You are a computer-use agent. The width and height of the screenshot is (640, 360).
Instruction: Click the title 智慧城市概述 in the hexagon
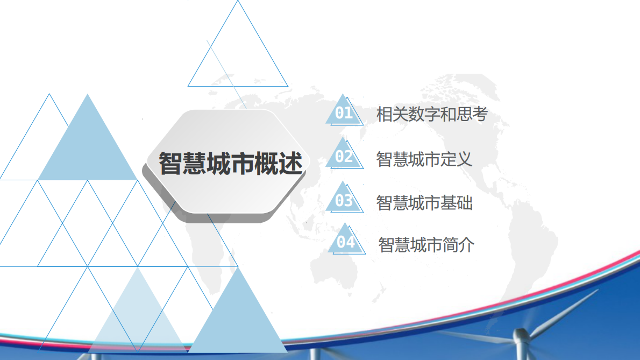pyautogui.click(x=230, y=163)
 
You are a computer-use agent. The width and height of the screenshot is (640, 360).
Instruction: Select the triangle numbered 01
pyautogui.click(x=344, y=113)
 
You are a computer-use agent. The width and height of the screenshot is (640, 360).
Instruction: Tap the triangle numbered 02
pyautogui.click(x=344, y=157)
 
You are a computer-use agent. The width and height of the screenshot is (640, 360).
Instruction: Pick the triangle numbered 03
pyautogui.click(x=344, y=201)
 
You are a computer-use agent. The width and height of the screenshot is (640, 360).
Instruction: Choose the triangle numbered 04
pyautogui.click(x=346, y=243)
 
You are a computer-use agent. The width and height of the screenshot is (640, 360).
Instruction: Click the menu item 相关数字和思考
pyautogui.click(x=431, y=115)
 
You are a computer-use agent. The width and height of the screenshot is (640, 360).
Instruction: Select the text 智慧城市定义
pyautogui.click(x=424, y=159)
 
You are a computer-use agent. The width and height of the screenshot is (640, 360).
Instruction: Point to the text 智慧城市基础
pyautogui.click(x=424, y=203)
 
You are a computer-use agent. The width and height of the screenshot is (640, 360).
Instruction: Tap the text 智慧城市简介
pyautogui.click(x=426, y=245)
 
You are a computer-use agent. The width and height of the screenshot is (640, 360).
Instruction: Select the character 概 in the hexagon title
pyautogui.click(x=266, y=163)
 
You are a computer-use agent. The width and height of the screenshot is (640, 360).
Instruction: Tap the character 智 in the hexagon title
pyautogui.click(x=170, y=163)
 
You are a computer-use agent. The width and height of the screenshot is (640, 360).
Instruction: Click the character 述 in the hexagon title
pyautogui.click(x=290, y=163)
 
